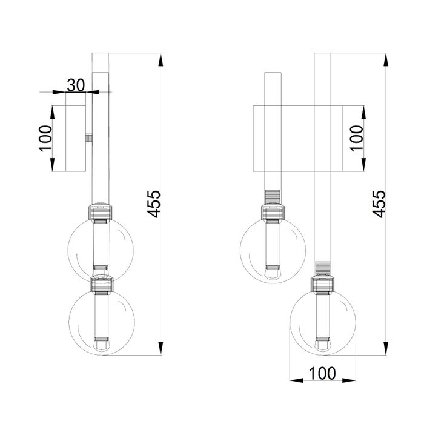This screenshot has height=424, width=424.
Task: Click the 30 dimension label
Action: pos(76,85)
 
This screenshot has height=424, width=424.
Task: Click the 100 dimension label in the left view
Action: pos(45,138)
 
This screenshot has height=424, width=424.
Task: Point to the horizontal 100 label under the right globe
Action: pos(322,374)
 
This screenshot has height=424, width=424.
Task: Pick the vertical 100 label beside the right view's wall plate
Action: pos(357,138)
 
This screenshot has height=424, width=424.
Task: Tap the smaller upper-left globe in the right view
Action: pos(273,250)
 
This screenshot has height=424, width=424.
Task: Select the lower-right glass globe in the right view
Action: pos(323,322)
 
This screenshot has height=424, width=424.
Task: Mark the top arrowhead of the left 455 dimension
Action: pos(161,59)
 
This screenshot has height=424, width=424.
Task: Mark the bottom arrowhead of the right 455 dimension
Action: pos(386,348)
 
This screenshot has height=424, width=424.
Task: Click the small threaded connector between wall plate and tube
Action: pos(89,139)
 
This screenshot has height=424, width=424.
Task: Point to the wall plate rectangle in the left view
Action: pos(76,139)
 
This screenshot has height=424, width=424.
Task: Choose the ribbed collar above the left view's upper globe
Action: pos(101,213)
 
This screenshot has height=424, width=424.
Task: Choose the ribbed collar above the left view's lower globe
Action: pos(101,285)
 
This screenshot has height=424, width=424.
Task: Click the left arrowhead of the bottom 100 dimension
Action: pos(296,380)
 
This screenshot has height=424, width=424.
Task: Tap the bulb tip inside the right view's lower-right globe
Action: pos(323,345)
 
